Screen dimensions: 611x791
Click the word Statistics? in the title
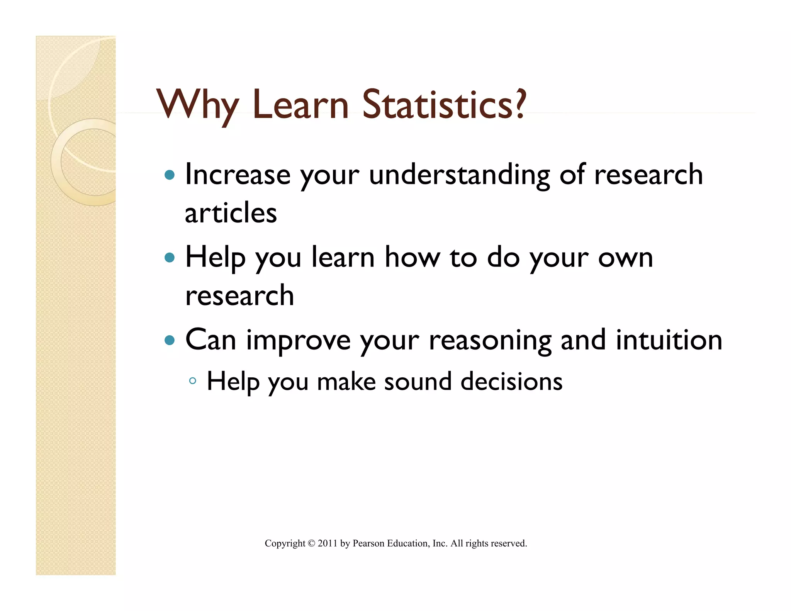point(444,104)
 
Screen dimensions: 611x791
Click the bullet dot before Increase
point(170,175)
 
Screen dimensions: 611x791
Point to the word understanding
point(459,176)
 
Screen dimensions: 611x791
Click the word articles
point(231,213)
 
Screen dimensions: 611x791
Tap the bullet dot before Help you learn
point(170,258)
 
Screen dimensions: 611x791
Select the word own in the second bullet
point(625,258)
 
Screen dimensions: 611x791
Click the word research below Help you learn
point(239,295)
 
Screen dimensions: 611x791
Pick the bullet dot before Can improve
point(170,340)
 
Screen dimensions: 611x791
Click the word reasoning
point(490,341)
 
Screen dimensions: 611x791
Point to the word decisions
point(511,382)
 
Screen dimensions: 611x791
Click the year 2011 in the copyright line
point(328,543)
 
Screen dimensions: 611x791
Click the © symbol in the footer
point(311,543)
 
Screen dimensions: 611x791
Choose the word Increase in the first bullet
point(238,175)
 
